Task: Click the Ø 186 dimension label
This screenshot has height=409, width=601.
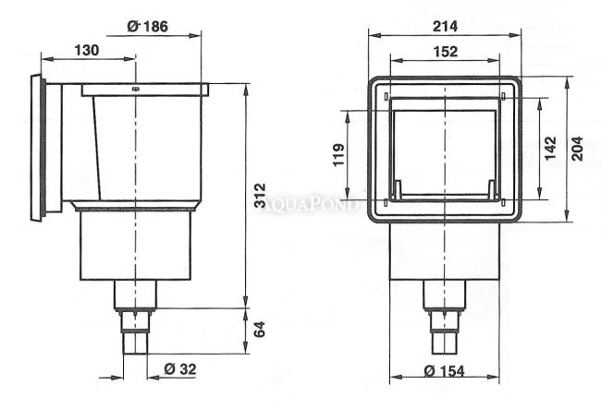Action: [148, 27]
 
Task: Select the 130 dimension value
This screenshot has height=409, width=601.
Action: [86, 50]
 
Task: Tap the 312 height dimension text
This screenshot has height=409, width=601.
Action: [260, 195]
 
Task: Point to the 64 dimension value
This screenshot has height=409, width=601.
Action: [260, 330]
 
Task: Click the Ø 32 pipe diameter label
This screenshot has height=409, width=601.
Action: [180, 369]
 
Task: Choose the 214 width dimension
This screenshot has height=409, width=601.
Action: [445, 27]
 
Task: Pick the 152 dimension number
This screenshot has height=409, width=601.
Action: [446, 52]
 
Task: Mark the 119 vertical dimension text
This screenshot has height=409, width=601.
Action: [338, 155]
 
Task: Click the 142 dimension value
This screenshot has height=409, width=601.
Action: [550, 148]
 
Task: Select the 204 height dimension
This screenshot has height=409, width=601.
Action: [577, 149]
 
